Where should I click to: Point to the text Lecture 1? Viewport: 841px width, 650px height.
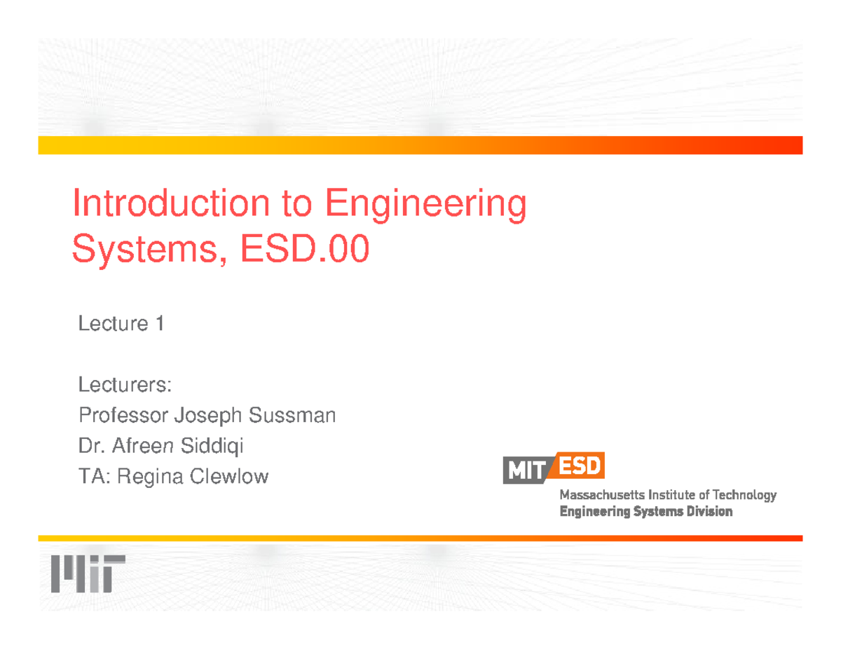121,324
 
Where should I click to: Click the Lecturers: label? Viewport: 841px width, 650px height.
125,385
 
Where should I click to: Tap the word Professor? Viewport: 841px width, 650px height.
123,416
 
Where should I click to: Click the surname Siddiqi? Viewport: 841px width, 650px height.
212,446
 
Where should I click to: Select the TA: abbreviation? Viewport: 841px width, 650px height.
94,478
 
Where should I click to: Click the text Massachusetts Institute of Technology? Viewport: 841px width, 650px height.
667,495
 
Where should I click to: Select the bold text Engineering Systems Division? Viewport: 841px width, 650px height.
645,512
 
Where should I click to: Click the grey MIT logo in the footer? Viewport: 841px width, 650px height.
88,574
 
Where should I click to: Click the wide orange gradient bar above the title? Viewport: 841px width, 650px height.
420,145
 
